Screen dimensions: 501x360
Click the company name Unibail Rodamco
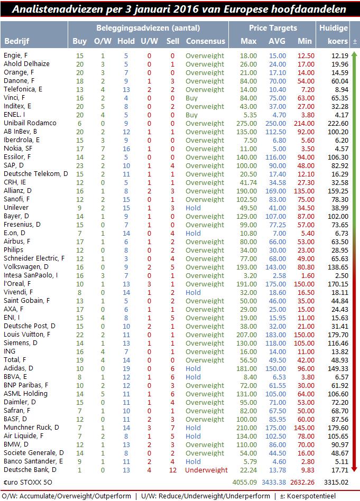point(30,123)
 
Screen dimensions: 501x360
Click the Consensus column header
point(205,41)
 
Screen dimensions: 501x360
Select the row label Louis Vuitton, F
point(27,335)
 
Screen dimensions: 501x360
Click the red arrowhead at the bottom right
point(354,469)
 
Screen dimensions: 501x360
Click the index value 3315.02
point(337,483)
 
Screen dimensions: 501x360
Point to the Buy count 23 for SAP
point(79,165)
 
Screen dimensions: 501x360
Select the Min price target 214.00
point(303,123)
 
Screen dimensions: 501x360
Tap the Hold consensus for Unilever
point(193,208)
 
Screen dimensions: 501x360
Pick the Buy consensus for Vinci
point(192,98)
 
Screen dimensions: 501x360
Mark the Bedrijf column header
point(16,41)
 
